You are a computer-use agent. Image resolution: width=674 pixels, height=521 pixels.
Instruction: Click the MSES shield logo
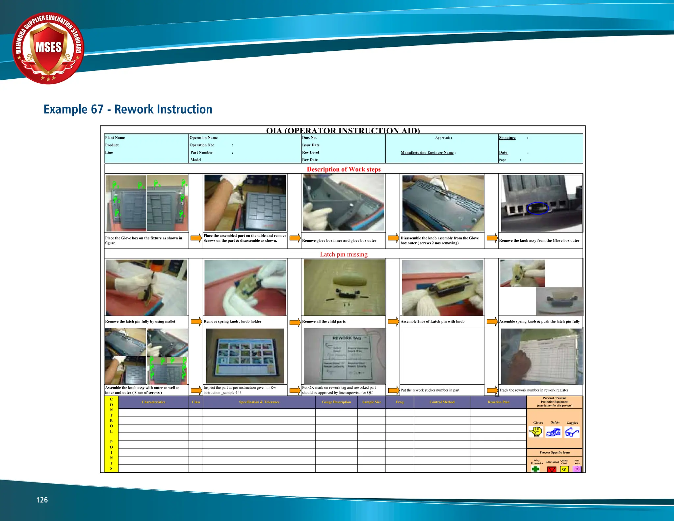tap(49, 48)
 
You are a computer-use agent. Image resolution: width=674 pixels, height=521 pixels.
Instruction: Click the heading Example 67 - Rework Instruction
tap(128, 109)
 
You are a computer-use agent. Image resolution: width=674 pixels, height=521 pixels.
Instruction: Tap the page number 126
tap(42, 500)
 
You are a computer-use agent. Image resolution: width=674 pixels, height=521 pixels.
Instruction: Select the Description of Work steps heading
tap(344, 169)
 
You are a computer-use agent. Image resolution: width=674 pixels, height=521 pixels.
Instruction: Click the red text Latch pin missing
tap(344, 254)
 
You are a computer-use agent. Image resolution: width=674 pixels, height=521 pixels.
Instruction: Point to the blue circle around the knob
tap(538, 208)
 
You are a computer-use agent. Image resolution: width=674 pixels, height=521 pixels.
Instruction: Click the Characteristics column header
tap(153, 402)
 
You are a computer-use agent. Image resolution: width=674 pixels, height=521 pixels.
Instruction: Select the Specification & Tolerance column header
tap(259, 402)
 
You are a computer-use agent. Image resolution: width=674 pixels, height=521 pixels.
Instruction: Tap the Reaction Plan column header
tap(498, 402)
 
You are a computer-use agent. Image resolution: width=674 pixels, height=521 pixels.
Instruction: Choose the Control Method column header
tap(442, 402)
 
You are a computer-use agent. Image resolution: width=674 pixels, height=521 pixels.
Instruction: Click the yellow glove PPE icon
tap(536, 431)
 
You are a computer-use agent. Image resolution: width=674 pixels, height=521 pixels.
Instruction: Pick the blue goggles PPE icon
tap(572, 432)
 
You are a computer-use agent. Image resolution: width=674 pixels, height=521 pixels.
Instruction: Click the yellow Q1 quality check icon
tap(564, 469)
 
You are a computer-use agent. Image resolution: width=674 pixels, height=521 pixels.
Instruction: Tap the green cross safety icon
tap(535, 469)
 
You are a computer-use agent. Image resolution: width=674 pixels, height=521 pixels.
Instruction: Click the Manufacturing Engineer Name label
tap(428, 152)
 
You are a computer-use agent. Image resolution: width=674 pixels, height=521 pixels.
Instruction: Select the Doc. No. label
tap(309, 138)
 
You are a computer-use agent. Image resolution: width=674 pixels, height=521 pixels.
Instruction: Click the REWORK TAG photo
tap(344, 356)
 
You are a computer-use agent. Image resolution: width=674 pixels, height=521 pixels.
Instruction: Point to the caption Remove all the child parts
tap(324, 321)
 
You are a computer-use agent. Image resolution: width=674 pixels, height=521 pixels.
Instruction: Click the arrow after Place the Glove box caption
tap(196, 238)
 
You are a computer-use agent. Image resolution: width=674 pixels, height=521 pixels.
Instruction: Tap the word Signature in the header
tap(507, 138)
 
